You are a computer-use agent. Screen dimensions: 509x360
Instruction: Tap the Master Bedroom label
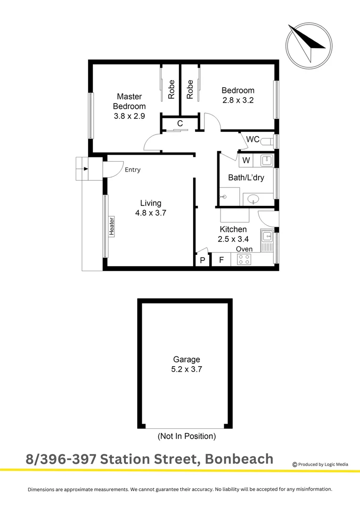pos(129,106)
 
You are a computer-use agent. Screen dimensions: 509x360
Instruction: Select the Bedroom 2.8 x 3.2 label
pos(238,95)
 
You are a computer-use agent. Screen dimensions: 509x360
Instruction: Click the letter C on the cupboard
pos(180,124)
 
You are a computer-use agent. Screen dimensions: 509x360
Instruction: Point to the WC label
pos(253,140)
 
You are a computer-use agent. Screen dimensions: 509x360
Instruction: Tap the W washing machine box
pos(246,160)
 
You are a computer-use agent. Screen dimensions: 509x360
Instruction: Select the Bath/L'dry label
pos(245,178)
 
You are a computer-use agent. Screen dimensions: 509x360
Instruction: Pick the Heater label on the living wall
pos(112,226)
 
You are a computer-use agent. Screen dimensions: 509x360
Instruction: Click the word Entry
pos(132,170)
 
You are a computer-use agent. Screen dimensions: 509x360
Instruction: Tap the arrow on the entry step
pos(85,169)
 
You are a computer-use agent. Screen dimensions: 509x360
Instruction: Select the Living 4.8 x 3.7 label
pos(151,208)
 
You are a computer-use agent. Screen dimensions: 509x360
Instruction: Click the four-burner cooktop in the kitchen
pos(244,259)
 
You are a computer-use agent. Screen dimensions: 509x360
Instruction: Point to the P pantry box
pos(203,260)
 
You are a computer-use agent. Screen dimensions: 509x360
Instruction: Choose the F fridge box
pos(221,260)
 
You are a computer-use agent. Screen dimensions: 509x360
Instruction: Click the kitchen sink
pos(267,235)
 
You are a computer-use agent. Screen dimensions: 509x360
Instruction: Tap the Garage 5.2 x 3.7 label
pos(186,364)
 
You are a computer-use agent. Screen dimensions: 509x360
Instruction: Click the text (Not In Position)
pos(187,436)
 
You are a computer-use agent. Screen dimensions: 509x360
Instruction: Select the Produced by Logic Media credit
pos(320,464)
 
